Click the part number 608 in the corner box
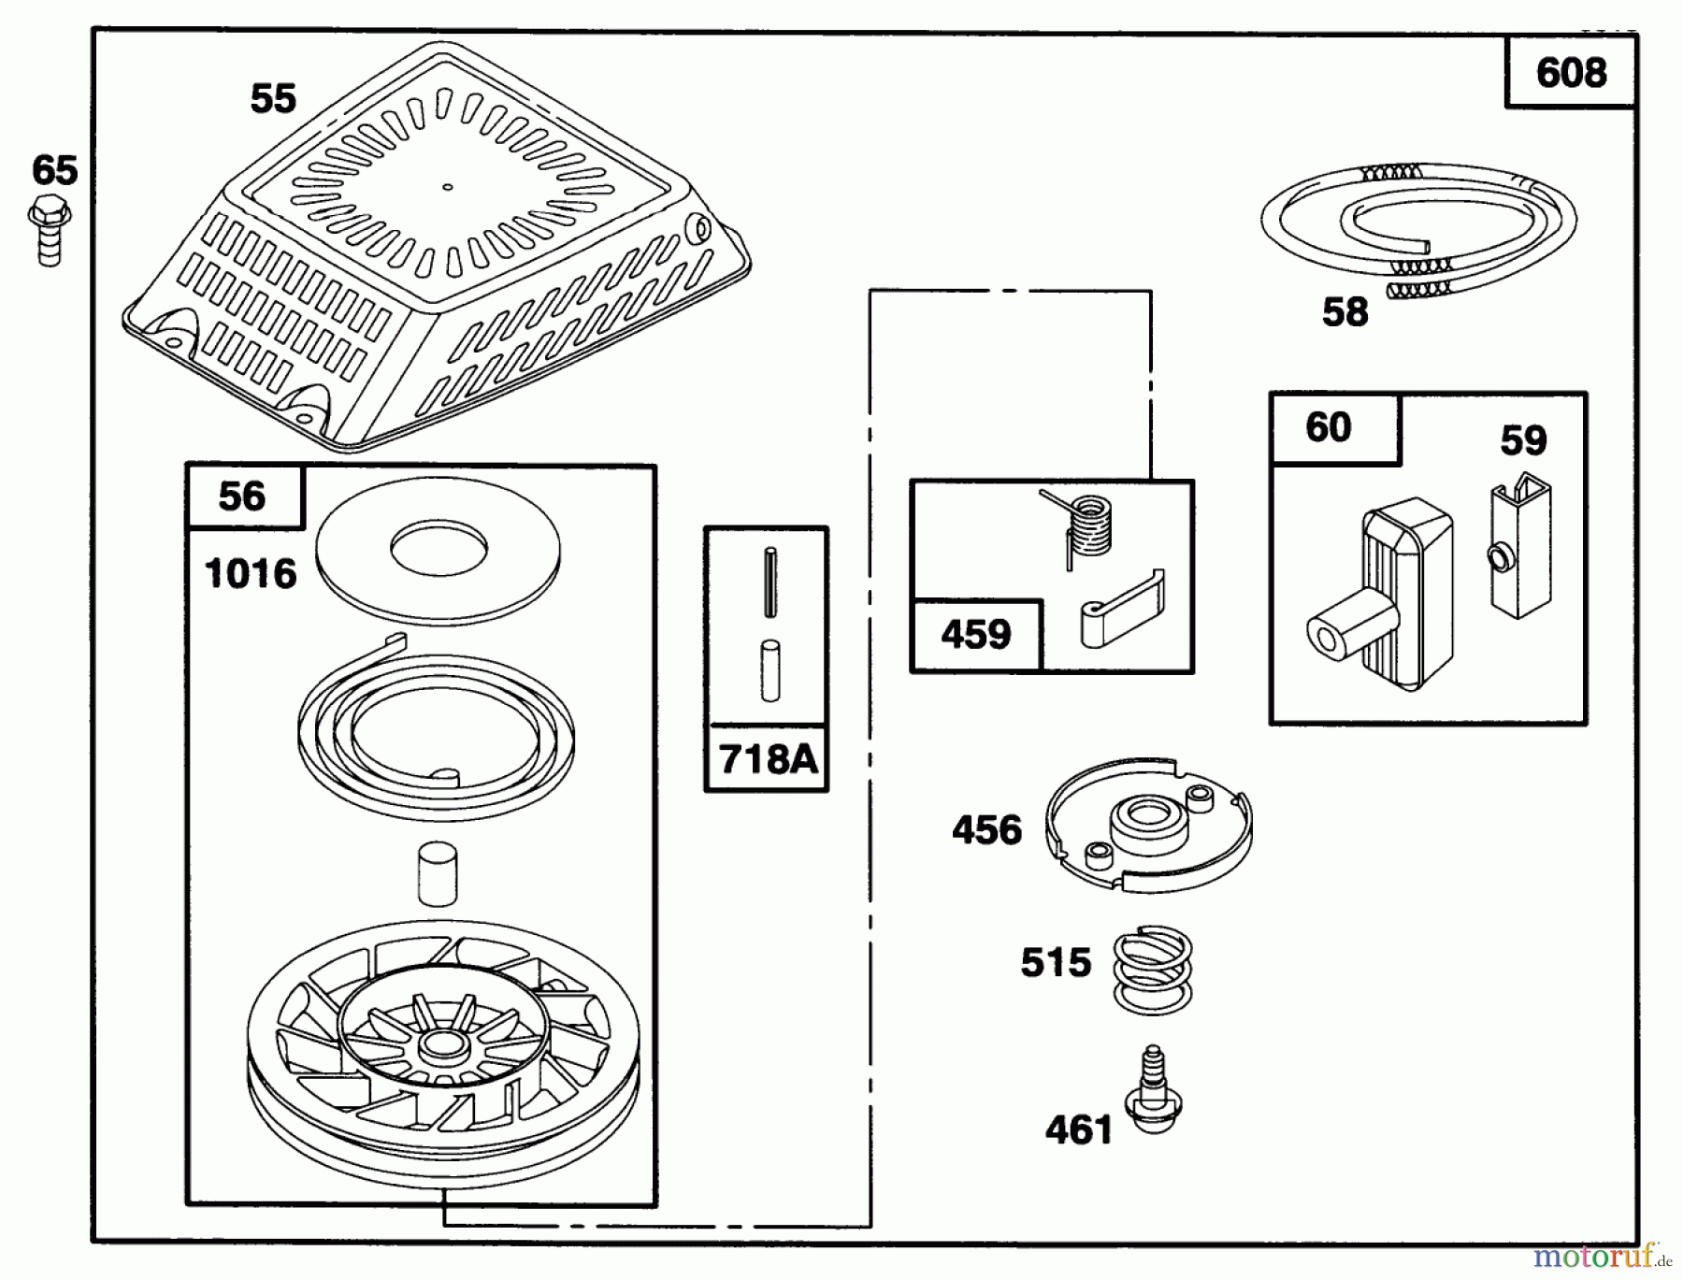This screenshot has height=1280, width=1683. click(1571, 73)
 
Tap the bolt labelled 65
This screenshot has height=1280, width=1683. click(50, 230)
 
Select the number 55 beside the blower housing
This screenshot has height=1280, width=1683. click(273, 99)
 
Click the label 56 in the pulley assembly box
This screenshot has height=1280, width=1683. click(242, 496)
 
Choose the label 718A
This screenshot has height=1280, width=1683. click(768, 759)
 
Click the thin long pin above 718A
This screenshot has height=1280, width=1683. click(770, 582)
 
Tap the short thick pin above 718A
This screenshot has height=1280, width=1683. click(770, 669)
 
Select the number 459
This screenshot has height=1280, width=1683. click(975, 635)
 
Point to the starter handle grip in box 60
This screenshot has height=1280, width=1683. click(1384, 598)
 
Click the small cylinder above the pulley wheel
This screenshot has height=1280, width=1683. click(438, 874)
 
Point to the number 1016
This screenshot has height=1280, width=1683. click(251, 574)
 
